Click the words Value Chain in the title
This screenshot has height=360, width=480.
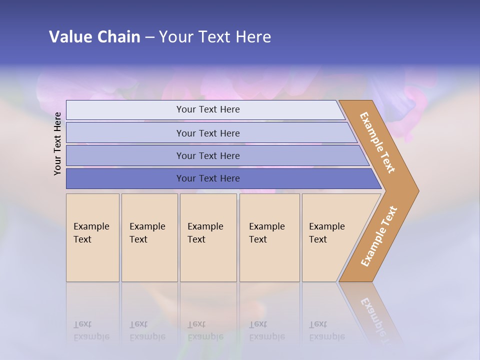point(94,36)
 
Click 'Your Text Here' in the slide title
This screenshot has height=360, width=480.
point(215,36)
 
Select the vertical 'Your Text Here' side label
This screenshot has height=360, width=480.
point(57,143)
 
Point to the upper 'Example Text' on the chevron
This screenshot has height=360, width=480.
point(378,142)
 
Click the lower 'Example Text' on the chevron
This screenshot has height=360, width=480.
point(379,236)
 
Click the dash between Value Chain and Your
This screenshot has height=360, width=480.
point(149,37)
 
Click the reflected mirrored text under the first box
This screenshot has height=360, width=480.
point(91,331)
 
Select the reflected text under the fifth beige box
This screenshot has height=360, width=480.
point(326,331)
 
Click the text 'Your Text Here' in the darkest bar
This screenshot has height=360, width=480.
point(208,178)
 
